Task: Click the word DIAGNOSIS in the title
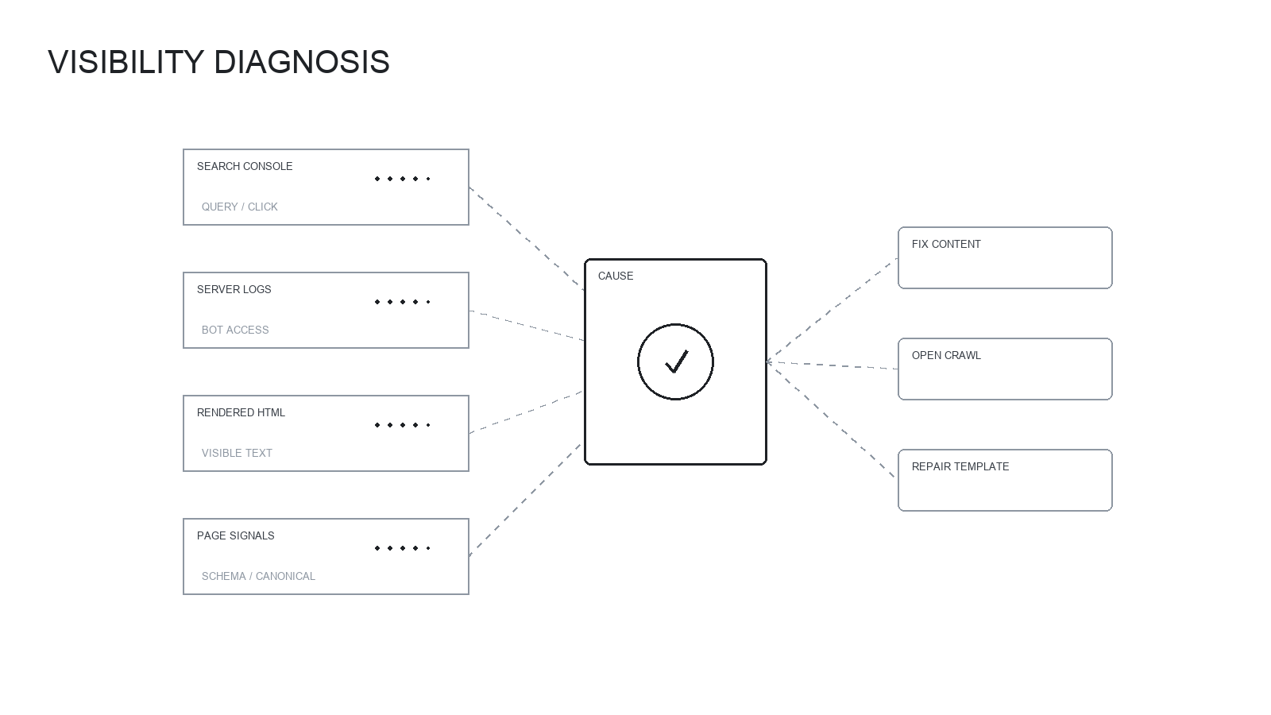302,62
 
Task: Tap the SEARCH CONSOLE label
245,166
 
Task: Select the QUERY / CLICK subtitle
239,207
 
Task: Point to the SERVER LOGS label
234,289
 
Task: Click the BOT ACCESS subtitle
235,330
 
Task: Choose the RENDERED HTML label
241,412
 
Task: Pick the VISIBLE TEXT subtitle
237,453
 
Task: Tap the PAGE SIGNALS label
235,535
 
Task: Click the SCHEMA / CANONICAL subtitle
258,576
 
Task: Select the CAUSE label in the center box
616,276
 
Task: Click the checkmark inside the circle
676,361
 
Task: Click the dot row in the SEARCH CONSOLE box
403,179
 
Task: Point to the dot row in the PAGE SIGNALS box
403,548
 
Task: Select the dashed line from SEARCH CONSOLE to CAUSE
527,238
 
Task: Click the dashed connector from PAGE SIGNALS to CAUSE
526,500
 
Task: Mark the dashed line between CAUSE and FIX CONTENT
832,311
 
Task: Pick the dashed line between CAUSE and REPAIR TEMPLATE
832,420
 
